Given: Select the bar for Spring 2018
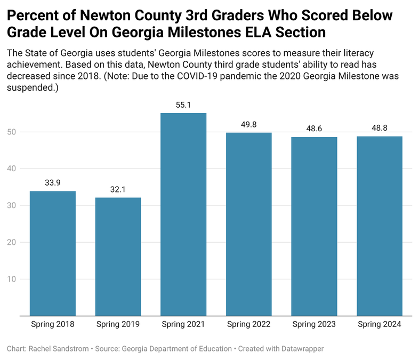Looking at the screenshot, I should (52, 253).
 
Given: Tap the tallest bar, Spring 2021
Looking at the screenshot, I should (183, 214).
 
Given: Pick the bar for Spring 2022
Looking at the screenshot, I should (248, 223).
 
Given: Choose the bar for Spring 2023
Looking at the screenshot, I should (314, 226).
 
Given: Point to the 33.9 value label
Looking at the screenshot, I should (52, 183).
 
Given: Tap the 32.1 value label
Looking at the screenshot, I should (118, 190).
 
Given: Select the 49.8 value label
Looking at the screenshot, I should (248, 125).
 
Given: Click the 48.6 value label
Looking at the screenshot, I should (314, 129).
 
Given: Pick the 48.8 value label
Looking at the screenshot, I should (379, 128).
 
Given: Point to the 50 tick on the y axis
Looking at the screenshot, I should (12, 132).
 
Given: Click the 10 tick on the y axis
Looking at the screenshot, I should (12, 279).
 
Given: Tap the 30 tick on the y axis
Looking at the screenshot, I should (12, 205).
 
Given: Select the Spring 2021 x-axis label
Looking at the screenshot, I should (183, 324).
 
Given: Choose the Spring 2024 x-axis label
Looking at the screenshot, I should (379, 324).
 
